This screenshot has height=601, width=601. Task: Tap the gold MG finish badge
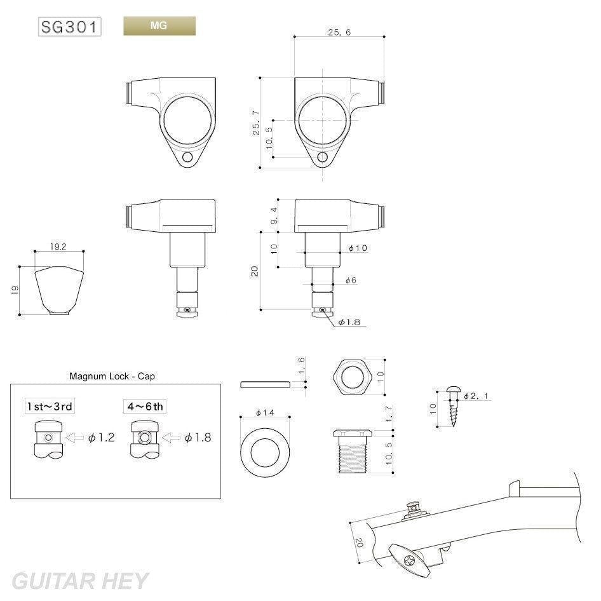pos(159,26)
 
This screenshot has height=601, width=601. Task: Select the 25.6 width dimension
pos(340,32)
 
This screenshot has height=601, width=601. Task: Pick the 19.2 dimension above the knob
pos(58,246)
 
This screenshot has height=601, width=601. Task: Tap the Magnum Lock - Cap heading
pos(112,376)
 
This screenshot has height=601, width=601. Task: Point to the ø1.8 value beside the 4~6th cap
pos(198,437)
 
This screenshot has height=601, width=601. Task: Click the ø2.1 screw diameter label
pos(477,396)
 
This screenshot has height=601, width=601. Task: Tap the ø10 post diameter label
pos(358,248)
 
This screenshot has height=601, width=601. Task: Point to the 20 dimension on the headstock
pos(360,542)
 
